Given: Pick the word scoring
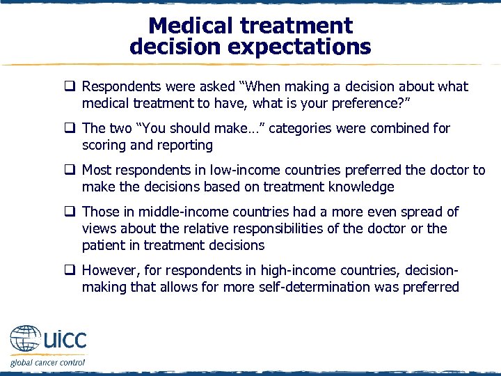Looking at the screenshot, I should point(104,146).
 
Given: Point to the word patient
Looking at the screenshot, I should point(104,245).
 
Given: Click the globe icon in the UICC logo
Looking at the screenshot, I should point(24,340).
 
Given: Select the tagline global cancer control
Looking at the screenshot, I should point(47,362).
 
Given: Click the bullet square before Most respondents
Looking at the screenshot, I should point(71,170).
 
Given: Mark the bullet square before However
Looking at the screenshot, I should point(71,270).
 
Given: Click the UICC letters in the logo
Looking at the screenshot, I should point(65,340).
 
